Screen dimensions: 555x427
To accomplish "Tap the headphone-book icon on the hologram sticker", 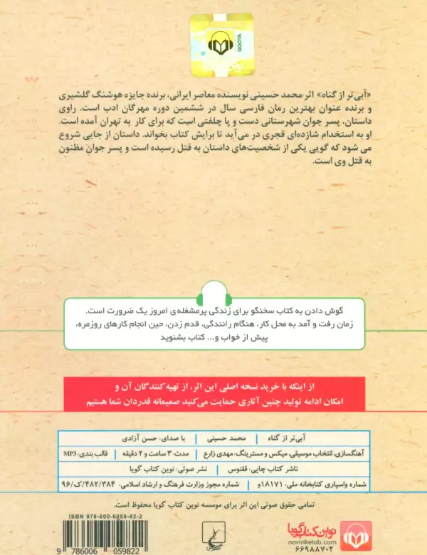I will tap(218, 45).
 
